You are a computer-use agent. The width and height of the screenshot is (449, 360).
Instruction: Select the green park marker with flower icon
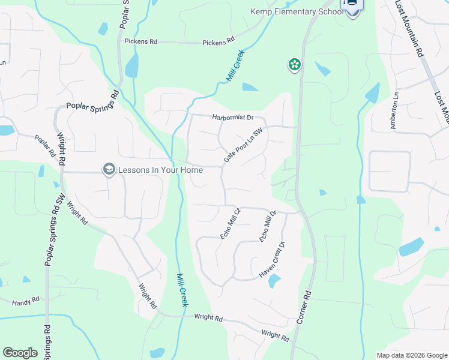pos(294,64)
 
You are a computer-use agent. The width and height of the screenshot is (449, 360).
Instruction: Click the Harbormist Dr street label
pos(233,118)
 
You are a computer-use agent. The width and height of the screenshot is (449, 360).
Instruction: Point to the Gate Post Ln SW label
pos(244,146)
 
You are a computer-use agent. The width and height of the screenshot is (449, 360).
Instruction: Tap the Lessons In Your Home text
pos(160,170)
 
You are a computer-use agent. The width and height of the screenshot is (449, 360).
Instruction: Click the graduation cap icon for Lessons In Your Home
pos(109,170)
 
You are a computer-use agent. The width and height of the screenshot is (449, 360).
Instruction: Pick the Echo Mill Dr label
pos(267,226)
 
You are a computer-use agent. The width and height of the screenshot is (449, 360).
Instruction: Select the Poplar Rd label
pos(44,146)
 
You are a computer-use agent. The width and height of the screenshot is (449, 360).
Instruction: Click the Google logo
pos(20,353)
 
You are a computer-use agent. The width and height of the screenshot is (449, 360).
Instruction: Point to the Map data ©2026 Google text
pos(412,355)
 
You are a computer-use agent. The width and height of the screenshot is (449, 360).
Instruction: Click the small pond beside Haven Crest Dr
pos(274,280)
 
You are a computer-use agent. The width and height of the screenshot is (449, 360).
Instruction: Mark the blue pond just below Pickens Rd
pos(131,65)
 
